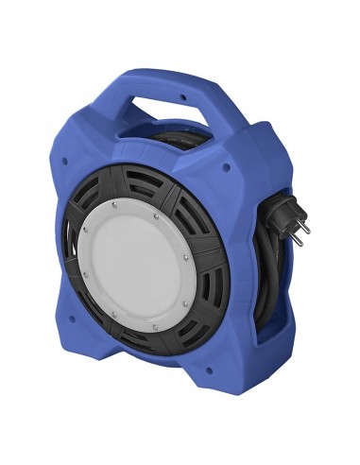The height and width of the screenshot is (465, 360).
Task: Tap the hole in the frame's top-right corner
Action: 227,171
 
